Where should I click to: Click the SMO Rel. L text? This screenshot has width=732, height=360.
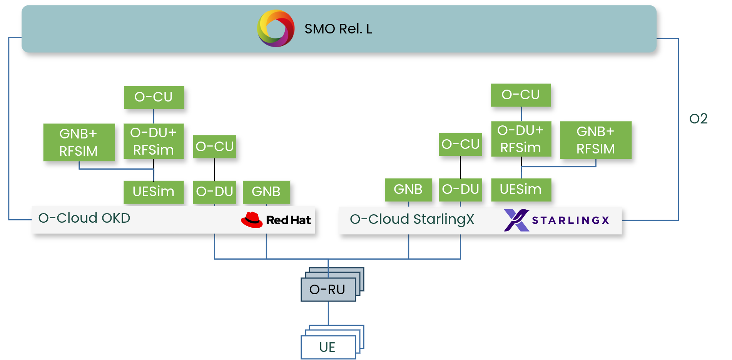(x=338, y=29)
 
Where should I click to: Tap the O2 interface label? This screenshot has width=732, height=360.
(x=698, y=118)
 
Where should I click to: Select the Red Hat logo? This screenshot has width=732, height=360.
(x=276, y=220)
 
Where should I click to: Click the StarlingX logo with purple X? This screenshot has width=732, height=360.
(x=556, y=220)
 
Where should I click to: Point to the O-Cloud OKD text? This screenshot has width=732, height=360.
(x=84, y=218)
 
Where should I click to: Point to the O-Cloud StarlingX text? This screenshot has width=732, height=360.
(x=412, y=219)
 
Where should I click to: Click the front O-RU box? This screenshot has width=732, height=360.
(x=328, y=290)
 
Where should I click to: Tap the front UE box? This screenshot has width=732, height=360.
(x=328, y=347)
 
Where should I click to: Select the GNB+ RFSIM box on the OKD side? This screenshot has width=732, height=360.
(x=79, y=142)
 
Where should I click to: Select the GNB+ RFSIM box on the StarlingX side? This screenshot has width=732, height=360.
(x=595, y=140)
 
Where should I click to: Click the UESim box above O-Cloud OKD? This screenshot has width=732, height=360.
(x=153, y=192)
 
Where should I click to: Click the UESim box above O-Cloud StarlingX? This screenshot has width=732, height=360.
(x=521, y=189)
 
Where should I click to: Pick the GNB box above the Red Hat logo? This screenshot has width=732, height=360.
(x=266, y=192)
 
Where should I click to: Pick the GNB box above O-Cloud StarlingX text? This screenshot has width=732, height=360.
(x=408, y=189)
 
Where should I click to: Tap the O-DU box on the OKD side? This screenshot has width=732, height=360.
(x=214, y=192)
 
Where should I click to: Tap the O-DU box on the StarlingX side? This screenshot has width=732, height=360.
(x=460, y=189)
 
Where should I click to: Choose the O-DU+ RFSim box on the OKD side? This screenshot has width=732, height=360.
(x=153, y=141)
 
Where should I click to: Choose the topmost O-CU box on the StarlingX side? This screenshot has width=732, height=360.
(x=520, y=95)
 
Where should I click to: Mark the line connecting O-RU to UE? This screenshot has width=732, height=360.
(x=328, y=313)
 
